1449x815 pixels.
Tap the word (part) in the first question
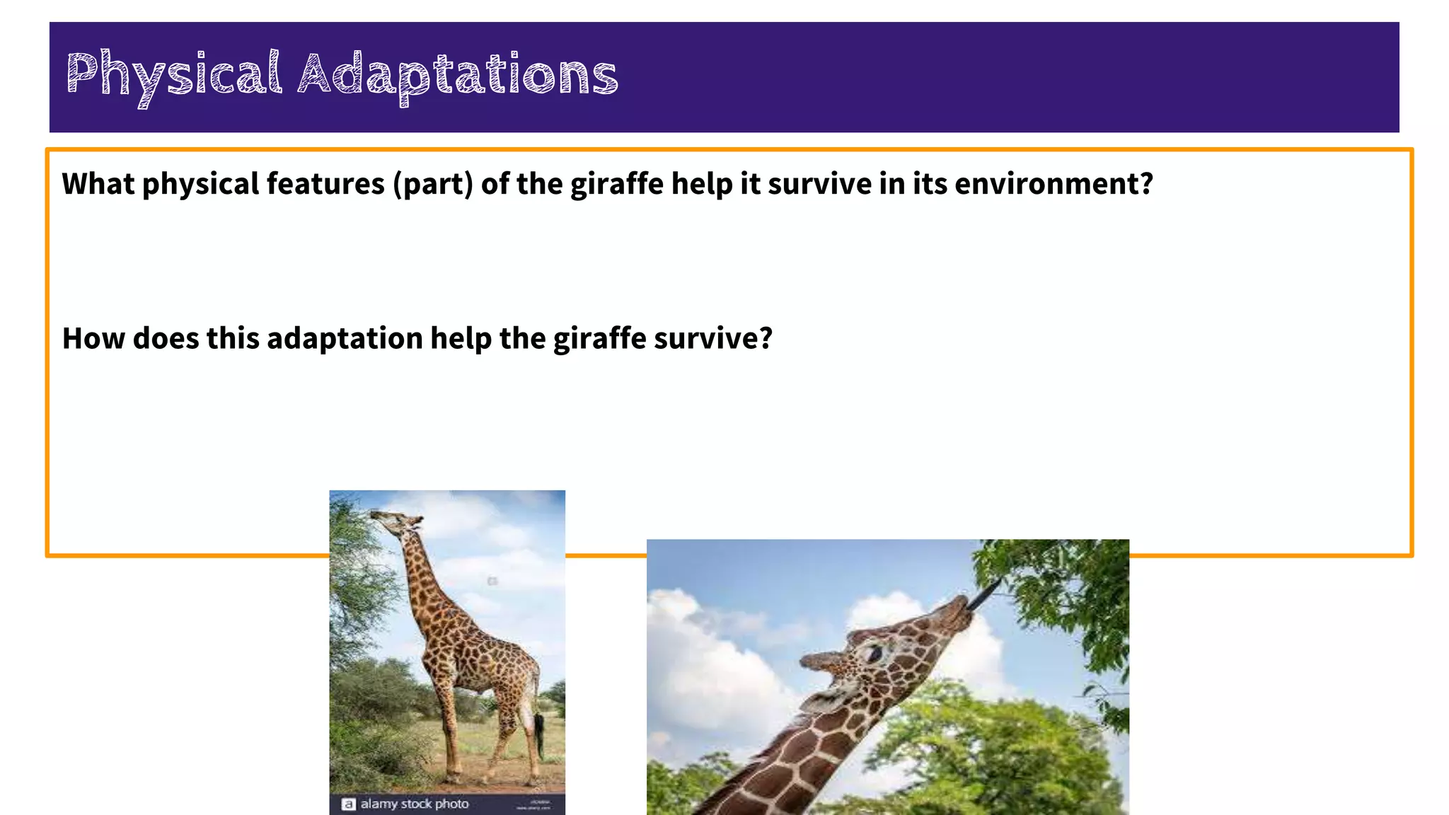click(433, 184)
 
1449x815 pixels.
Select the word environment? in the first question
click(1053, 184)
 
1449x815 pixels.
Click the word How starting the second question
click(93, 338)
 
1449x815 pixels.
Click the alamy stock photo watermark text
click(415, 804)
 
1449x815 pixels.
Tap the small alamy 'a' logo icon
click(348, 804)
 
